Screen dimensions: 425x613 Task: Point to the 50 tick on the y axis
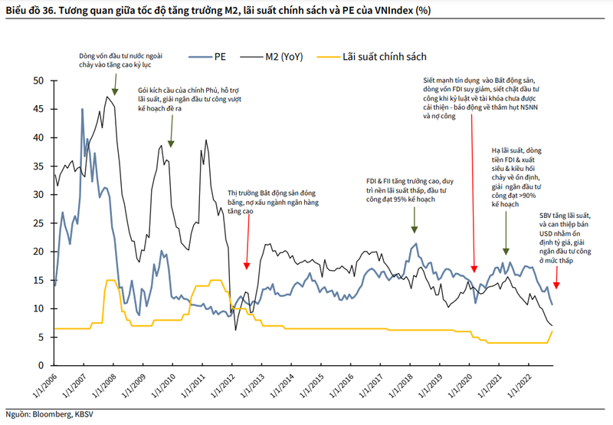click(38, 81)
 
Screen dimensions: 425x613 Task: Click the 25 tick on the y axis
click(38, 223)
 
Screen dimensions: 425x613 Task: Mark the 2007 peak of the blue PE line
click(82, 110)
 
